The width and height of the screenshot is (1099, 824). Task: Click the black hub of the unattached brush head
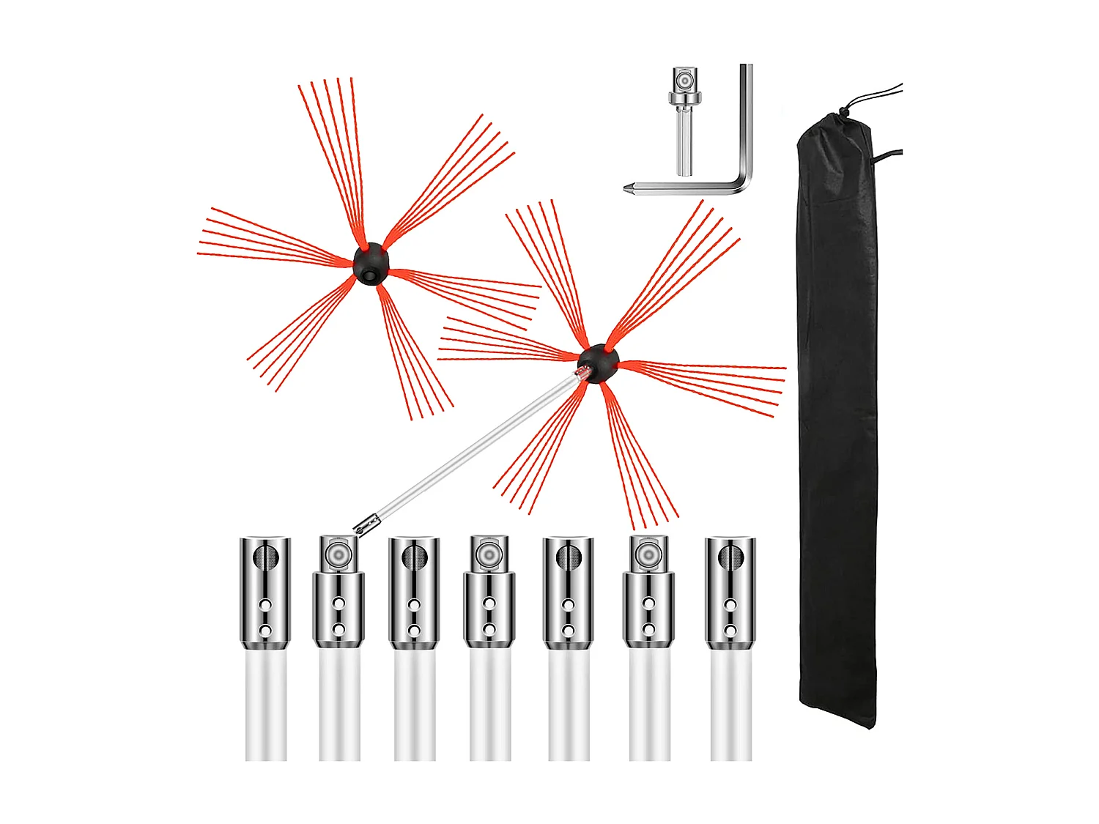pos(371,264)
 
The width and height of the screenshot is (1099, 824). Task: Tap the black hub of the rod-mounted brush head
pos(598,362)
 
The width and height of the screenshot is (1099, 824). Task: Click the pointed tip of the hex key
pos(629,188)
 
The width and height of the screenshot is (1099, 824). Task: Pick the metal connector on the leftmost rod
pos(265,593)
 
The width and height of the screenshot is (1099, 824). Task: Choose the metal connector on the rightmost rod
pos(730,593)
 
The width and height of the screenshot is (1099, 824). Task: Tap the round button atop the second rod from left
pos(338,554)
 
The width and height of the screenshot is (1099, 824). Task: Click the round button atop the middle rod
pos(489,554)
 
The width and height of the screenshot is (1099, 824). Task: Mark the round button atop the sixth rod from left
pos(648,554)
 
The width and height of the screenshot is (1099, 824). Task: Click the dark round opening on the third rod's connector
pos(414,558)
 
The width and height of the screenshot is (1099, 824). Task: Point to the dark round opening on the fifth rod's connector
pos(568,558)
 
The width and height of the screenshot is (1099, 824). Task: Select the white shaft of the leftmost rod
pos(266,707)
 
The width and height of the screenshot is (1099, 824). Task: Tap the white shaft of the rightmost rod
pos(730,707)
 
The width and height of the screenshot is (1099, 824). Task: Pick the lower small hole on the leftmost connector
pos(265,631)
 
